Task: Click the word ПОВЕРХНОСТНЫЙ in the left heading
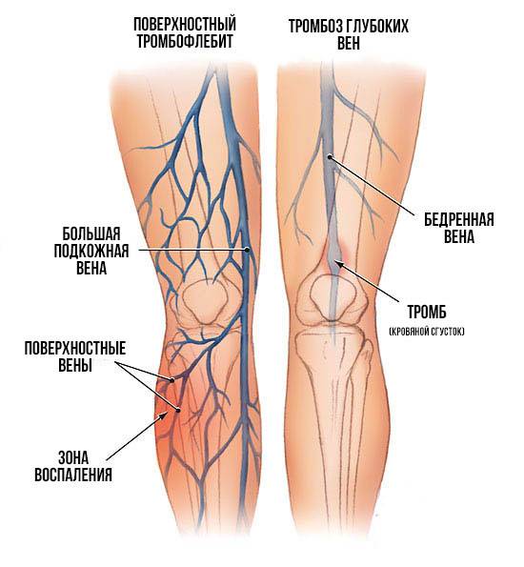(185, 25)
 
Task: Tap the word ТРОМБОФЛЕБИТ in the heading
(185, 41)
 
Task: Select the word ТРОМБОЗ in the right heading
(316, 27)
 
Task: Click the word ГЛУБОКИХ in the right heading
(378, 27)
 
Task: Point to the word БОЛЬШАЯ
(91, 233)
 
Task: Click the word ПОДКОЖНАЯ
(91, 251)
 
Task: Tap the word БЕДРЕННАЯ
(459, 219)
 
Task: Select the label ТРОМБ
(427, 313)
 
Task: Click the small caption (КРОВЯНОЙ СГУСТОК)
(427, 332)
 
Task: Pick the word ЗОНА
(73, 458)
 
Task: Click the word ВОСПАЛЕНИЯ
(73, 475)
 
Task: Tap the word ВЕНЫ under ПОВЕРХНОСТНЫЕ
(75, 365)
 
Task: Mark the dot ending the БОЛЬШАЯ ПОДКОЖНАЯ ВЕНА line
(247, 250)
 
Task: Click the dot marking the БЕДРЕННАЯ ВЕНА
(330, 157)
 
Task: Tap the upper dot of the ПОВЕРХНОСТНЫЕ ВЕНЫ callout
(172, 380)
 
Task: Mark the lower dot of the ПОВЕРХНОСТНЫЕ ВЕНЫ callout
(178, 410)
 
